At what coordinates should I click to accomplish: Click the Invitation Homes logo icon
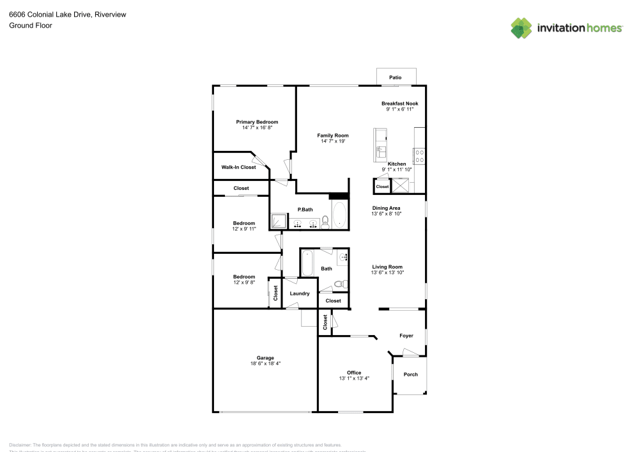(522, 27)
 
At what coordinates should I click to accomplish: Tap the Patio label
(396, 77)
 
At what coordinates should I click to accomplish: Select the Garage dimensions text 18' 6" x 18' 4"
(265, 363)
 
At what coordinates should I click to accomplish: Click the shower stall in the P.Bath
(279, 221)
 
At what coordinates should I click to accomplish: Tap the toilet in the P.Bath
(325, 222)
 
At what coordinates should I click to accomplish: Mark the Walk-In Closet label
(238, 168)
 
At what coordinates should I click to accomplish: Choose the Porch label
(410, 374)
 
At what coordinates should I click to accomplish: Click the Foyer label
(406, 336)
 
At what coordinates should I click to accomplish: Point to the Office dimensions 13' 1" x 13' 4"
(354, 378)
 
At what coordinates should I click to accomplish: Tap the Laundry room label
(300, 293)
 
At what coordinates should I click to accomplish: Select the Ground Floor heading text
(31, 26)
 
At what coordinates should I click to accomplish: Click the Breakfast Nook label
(399, 104)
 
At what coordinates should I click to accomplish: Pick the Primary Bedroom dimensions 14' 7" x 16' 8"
(257, 128)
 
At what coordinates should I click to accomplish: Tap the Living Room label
(388, 267)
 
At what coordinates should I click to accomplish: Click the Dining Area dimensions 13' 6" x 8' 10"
(387, 214)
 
